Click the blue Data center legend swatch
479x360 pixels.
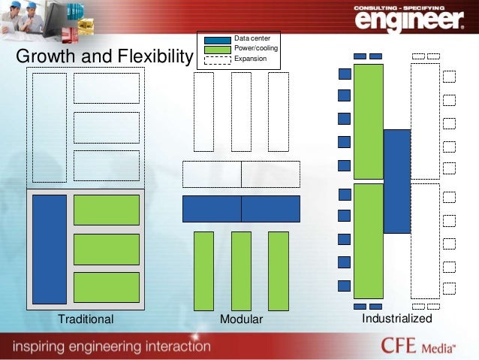(x=218, y=38)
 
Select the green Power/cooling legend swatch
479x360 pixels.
(x=218, y=48)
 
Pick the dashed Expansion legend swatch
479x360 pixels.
(x=218, y=59)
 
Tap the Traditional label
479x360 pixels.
(x=86, y=319)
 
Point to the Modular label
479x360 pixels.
(x=241, y=320)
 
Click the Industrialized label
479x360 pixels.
(x=397, y=319)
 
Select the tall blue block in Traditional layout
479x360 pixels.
(x=50, y=249)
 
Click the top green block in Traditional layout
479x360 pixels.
(x=107, y=210)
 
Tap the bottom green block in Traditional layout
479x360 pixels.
(x=107, y=287)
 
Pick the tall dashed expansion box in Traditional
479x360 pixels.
(x=50, y=127)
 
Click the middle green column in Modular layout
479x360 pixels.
(x=241, y=271)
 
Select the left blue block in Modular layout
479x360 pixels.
(x=212, y=208)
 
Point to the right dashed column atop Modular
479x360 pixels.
(x=278, y=112)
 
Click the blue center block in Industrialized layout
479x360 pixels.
(x=396, y=181)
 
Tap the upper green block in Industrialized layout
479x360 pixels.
(x=368, y=122)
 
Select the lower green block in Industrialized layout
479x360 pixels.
(x=368, y=241)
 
